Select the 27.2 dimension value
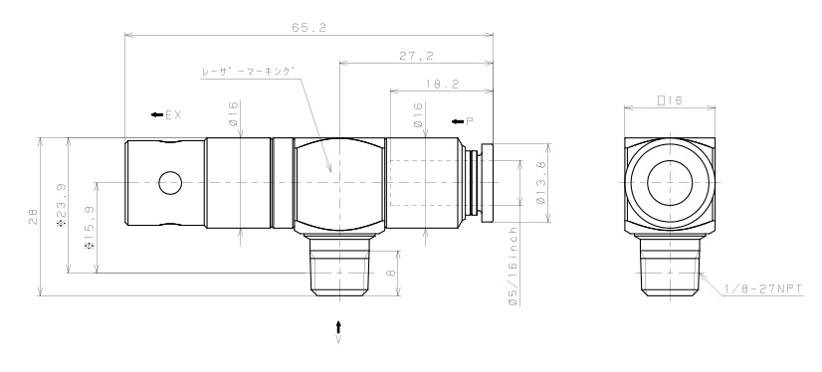pos(414,57)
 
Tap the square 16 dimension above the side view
pos(669,100)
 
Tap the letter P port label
pos(470,119)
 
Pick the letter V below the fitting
pos(339,340)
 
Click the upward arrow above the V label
pos(339,325)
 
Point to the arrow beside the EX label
pos(157,115)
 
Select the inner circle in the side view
pos(669,183)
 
